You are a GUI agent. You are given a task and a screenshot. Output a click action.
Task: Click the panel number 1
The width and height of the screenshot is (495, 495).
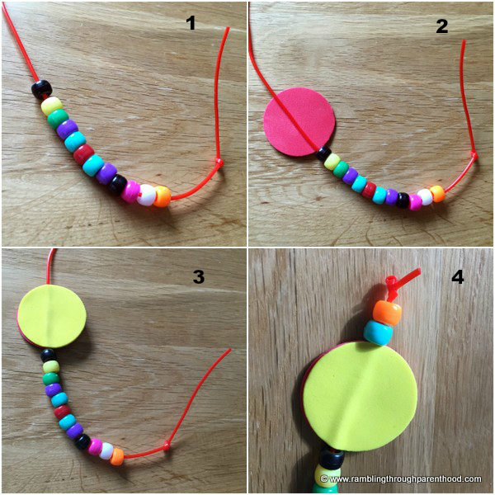(x=191, y=23)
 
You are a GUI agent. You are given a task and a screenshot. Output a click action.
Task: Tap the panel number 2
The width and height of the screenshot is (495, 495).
(x=442, y=26)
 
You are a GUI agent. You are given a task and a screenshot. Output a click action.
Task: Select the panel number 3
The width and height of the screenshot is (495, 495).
(x=199, y=276)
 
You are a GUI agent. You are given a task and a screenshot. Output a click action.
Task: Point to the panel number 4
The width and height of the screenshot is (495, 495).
(x=457, y=277)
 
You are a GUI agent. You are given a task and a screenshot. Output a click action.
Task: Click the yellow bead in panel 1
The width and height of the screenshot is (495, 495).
(x=52, y=106)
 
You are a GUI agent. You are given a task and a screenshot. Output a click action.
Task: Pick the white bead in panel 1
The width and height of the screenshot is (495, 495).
(x=148, y=195)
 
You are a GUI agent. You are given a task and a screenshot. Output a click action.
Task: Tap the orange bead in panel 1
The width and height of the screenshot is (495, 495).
(x=163, y=196)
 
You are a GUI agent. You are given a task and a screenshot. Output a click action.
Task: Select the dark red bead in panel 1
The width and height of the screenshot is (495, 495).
(x=83, y=153)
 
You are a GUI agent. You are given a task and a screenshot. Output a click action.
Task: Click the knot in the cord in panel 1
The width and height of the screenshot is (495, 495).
(x=219, y=163)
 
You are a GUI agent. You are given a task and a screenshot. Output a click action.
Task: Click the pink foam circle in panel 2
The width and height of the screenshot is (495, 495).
(x=299, y=122)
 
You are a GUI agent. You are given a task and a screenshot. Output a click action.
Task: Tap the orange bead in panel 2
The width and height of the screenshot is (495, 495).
(x=437, y=194)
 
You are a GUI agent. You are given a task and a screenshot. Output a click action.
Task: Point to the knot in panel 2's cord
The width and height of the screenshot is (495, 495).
(x=474, y=155)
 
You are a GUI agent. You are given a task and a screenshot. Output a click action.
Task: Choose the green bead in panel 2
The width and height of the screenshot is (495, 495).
(x=340, y=169)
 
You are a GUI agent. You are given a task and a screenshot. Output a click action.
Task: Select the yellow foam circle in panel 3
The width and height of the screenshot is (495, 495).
(x=52, y=318)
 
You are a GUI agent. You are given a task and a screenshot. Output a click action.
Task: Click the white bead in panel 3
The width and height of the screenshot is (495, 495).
(x=106, y=450)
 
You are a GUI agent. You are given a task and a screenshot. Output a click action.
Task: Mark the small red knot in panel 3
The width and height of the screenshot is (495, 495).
(x=167, y=446)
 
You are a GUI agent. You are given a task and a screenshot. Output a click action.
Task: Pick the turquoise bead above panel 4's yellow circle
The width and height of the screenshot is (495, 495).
(x=378, y=333)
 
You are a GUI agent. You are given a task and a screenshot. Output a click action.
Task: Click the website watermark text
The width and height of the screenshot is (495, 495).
(x=401, y=478)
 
